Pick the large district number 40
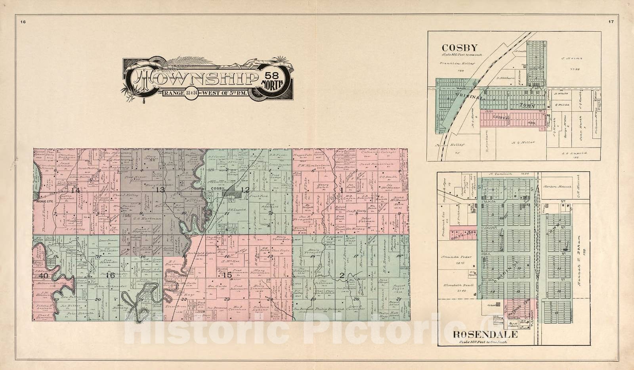click(43, 275)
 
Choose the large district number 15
click(227, 275)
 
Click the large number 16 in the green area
click(110, 275)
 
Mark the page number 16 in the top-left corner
click(23, 22)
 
